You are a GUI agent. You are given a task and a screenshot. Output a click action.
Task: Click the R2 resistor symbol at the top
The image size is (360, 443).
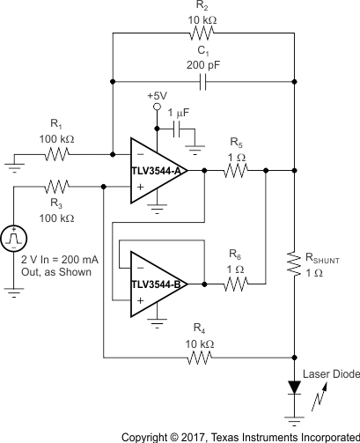(202, 34)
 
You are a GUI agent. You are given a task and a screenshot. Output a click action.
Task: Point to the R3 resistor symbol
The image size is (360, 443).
(58, 186)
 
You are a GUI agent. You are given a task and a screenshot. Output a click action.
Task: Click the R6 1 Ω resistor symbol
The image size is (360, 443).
(235, 284)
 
